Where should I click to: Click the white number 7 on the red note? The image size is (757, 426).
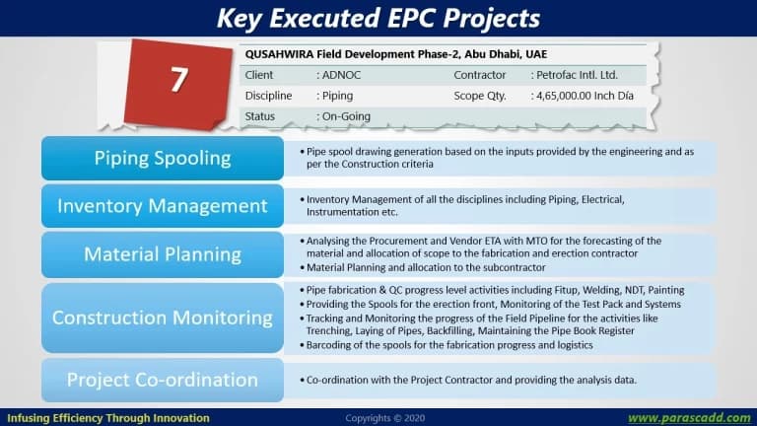(x=178, y=79)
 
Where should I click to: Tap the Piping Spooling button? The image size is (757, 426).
(x=163, y=159)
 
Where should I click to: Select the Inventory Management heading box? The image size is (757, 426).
(x=163, y=206)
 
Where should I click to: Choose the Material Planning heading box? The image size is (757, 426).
(x=163, y=254)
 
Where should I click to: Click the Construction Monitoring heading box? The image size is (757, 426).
(x=163, y=318)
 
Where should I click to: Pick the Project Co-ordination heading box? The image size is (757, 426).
(x=163, y=380)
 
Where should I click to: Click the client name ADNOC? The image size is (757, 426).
(x=341, y=75)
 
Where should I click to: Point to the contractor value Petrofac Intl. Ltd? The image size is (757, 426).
(x=577, y=75)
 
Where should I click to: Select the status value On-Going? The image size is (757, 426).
(x=346, y=116)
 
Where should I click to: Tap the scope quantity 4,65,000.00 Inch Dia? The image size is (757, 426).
(x=585, y=96)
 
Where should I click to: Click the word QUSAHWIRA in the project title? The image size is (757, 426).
(x=279, y=54)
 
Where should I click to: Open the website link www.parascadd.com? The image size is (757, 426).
(x=689, y=418)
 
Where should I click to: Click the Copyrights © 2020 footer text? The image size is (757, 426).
(x=385, y=418)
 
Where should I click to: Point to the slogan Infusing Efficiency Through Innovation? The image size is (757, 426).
(x=108, y=418)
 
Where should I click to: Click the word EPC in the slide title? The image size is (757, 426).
(x=411, y=19)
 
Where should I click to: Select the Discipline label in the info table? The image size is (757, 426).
(x=268, y=96)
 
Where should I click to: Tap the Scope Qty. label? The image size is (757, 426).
(x=480, y=96)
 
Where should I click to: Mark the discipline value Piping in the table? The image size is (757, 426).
(x=337, y=96)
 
